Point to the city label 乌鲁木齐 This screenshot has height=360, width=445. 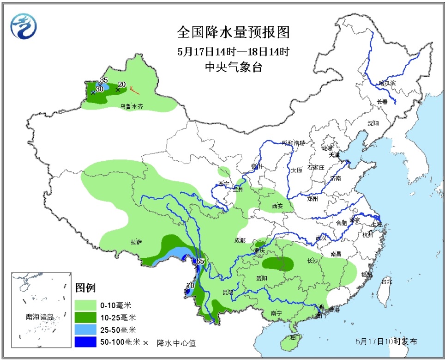pos(132,106)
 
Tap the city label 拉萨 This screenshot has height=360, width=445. pos(136,242)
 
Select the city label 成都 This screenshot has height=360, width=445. pos(240,240)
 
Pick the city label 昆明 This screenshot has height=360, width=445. pos(228,292)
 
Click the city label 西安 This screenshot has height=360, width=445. pos(277,206)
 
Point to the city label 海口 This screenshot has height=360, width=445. pos(295,338)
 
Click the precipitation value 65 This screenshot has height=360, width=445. pos(200,262)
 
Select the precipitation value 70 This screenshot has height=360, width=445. pos(190,286)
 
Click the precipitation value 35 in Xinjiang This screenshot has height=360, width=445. pos(104,80)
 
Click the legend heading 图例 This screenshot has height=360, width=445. pos(85,288)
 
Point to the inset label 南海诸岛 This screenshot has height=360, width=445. pos(40,317)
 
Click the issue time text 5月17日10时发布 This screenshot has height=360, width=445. pos(386,342)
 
